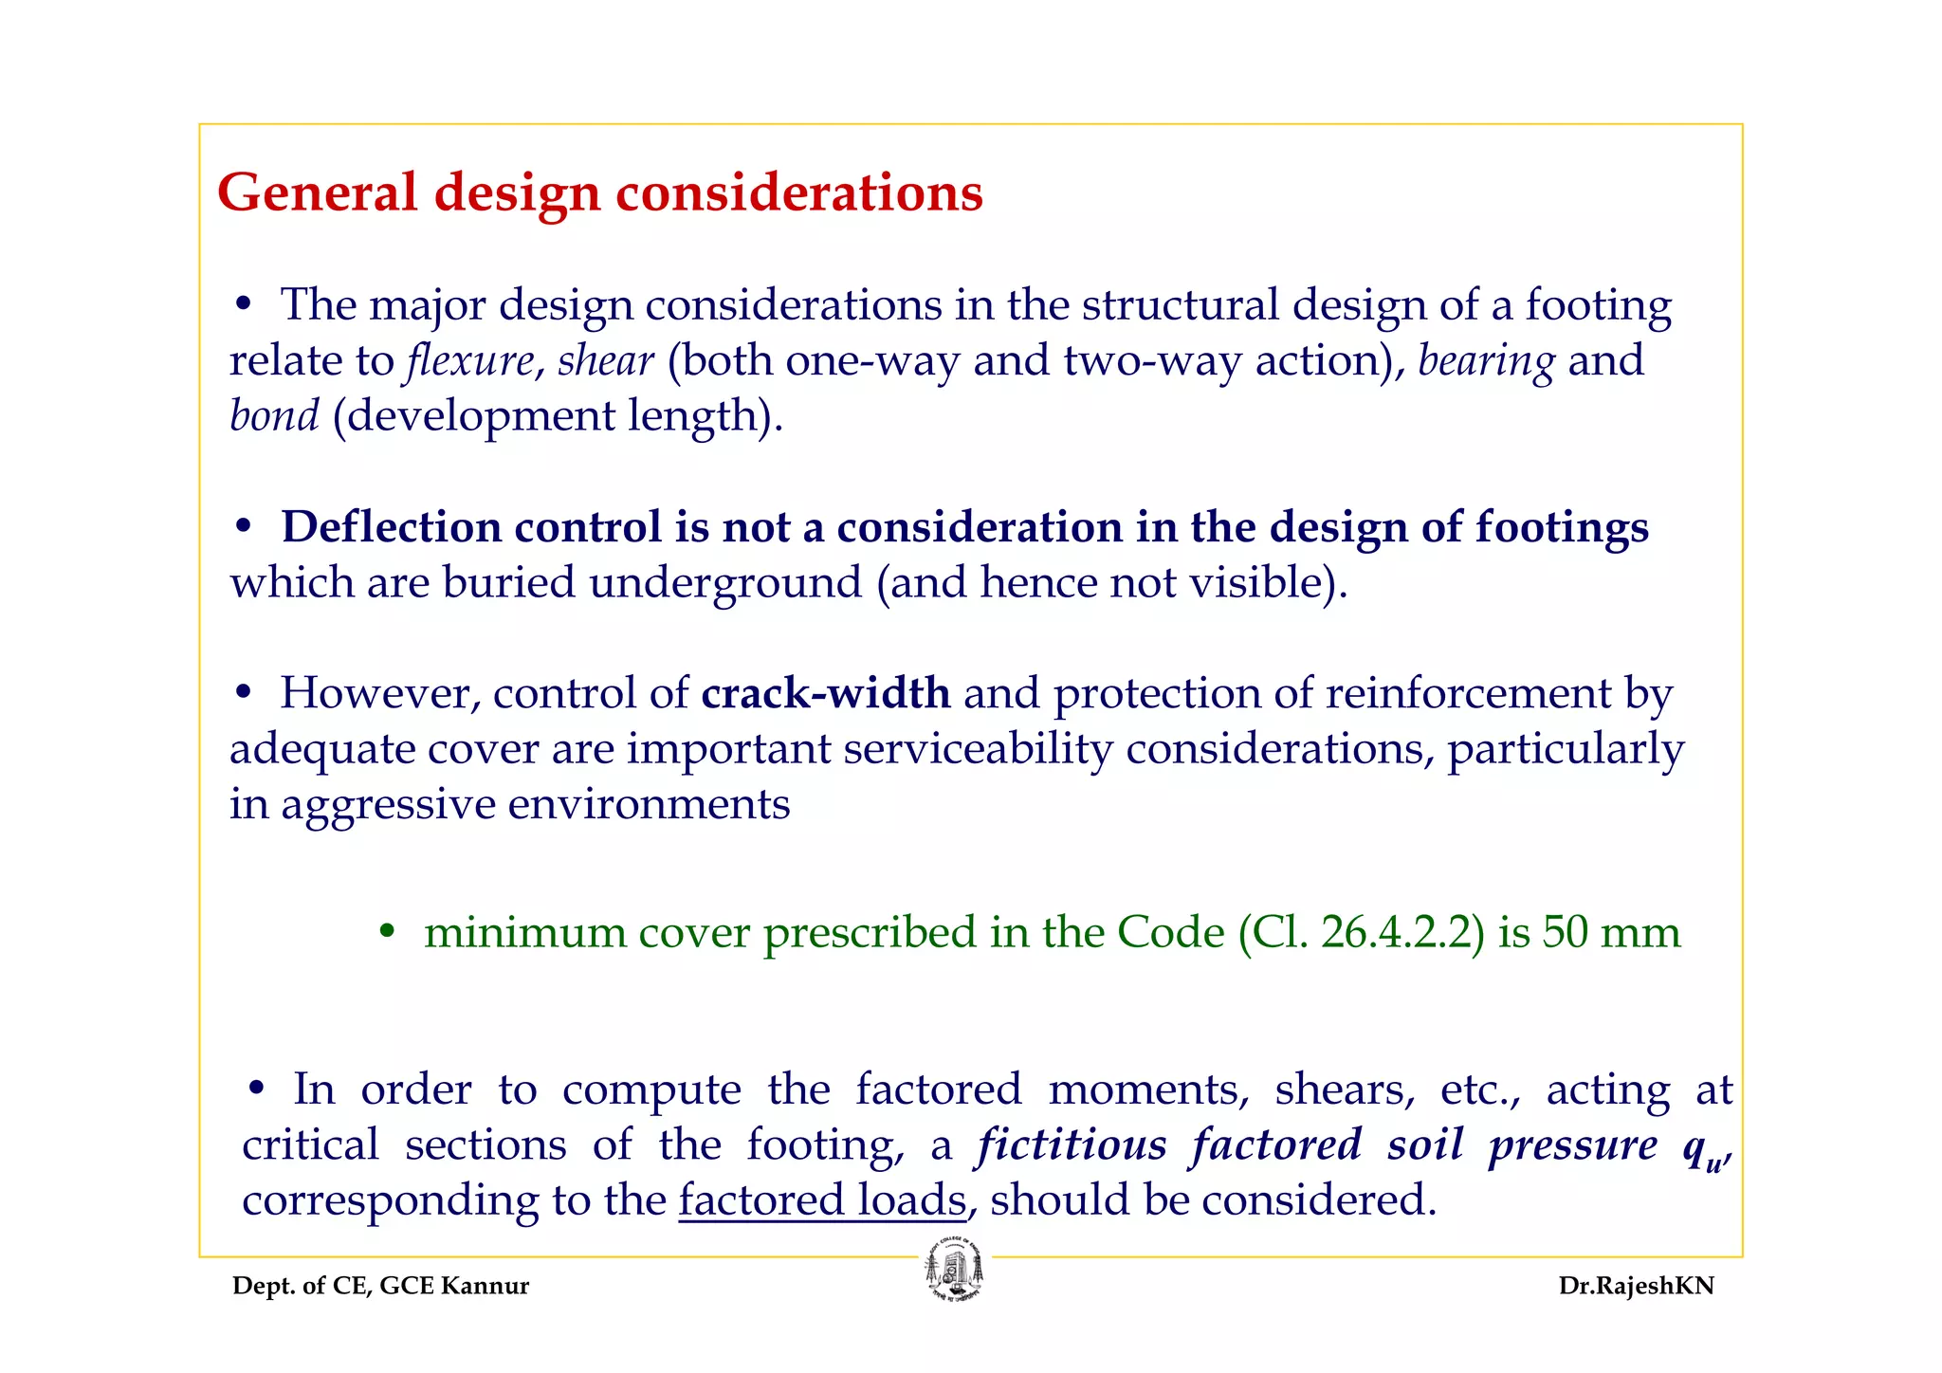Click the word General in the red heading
[x=317, y=192]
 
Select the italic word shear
[x=605, y=361]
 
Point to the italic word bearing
[x=1486, y=361]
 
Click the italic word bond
[x=274, y=416]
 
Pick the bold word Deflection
[x=391, y=527]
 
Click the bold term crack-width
[x=825, y=693]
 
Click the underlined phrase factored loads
[x=822, y=1200]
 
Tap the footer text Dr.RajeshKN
[x=1636, y=1286]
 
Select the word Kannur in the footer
[x=485, y=1286]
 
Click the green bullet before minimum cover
[x=386, y=932]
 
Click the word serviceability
[x=978, y=749]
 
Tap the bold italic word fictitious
[x=1072, y=1145]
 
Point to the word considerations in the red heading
[x=799, y=192]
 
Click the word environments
[x=649, y=805]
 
